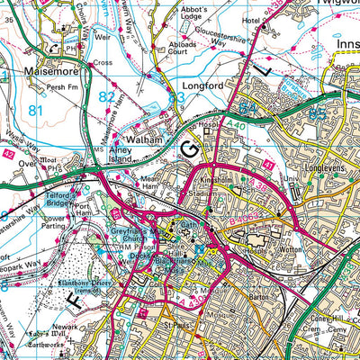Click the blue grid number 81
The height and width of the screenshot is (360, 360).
point(36,111)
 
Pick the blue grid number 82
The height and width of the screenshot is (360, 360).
point(107,94)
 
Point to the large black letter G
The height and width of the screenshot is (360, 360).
point(190,148)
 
